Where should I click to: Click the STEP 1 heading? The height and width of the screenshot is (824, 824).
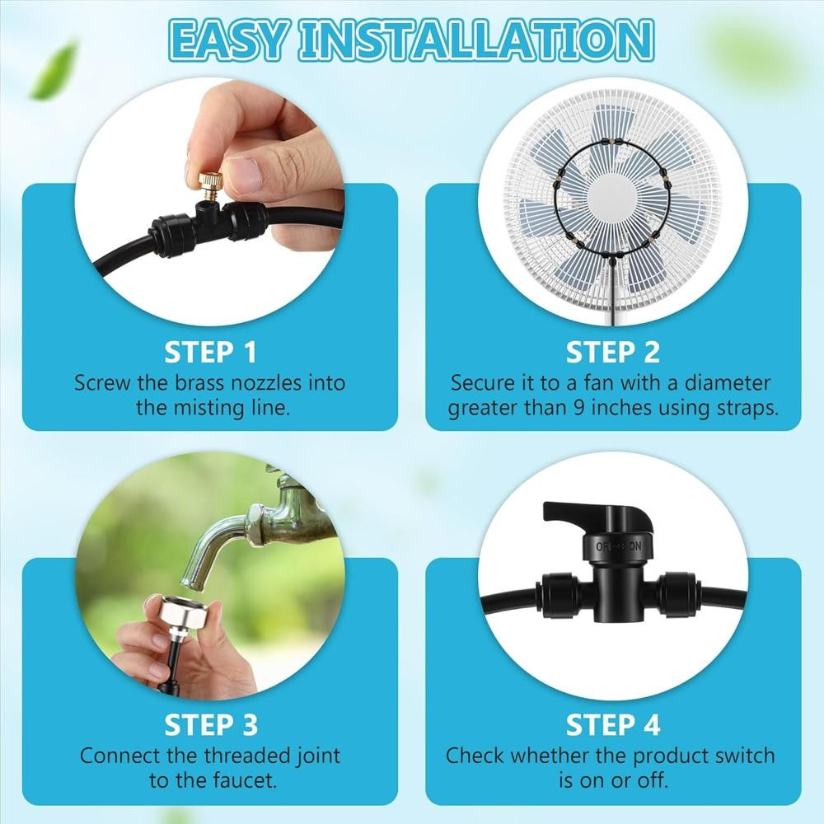pos(210,352)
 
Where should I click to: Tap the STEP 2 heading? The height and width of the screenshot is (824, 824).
pos(613,352)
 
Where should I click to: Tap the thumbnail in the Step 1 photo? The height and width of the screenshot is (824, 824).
pos(244,174)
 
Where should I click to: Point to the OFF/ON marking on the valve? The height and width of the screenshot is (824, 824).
pos(619,546)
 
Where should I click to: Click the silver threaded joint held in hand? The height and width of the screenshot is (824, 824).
pos(178,616)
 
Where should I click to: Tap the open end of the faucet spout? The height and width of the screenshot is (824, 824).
pos(191,579)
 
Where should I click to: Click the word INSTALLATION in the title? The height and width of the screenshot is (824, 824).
pos(478,40)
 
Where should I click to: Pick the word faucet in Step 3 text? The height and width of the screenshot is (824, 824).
pos(245,780)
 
